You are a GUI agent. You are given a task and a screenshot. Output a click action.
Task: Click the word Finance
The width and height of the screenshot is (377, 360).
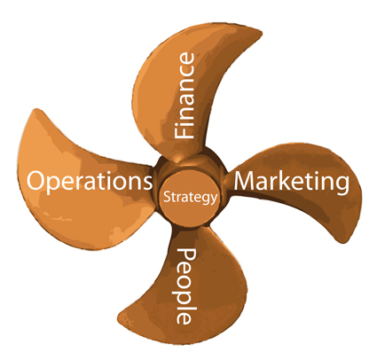[185, 96]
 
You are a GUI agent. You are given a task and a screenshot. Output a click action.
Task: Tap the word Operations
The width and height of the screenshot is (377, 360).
[90, 182]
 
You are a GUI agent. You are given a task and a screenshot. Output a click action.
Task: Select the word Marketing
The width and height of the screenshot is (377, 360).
[292, 183]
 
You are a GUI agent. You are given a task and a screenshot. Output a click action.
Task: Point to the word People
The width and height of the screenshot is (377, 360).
[186, 286]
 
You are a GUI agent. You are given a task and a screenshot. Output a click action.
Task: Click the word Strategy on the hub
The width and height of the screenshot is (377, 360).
[191, 198]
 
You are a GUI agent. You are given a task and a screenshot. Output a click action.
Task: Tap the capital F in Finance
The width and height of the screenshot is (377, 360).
[185, 132]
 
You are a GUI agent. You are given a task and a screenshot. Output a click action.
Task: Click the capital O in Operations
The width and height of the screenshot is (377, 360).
[36, 181]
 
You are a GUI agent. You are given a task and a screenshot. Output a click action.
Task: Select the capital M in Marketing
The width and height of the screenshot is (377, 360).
[247, 181]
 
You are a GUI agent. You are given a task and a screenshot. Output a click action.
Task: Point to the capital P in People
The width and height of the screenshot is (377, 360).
[186, 254]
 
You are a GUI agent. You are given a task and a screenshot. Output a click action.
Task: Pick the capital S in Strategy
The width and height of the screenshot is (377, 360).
[167, 197]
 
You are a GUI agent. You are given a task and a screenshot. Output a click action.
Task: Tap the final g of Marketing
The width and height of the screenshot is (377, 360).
[342, 185]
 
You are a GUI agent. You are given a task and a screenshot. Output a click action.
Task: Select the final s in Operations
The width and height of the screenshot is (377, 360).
[147, 183]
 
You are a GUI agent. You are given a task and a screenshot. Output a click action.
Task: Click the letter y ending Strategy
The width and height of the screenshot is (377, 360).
[214, 200]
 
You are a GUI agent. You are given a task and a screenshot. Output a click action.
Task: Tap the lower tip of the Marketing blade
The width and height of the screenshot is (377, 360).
[343, 243]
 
